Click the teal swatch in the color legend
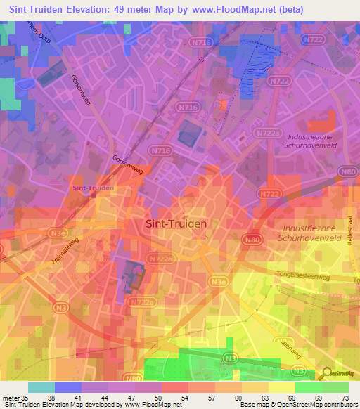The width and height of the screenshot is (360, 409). tap(41, 387)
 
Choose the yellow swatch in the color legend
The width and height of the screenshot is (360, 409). tap(281, 387)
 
